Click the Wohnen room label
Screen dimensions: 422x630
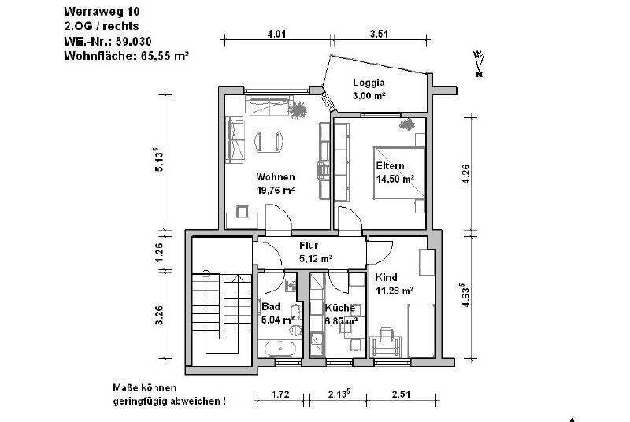coord(275,176)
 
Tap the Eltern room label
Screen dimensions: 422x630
coord(390,166)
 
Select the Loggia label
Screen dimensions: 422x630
coord(369,82)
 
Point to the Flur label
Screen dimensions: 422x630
coord(309,245)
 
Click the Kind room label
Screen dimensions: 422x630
coord(387,277)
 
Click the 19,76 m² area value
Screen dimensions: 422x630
coord(275,190)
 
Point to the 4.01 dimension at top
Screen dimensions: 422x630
coord(276,34)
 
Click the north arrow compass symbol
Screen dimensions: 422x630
coord(479,65)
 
